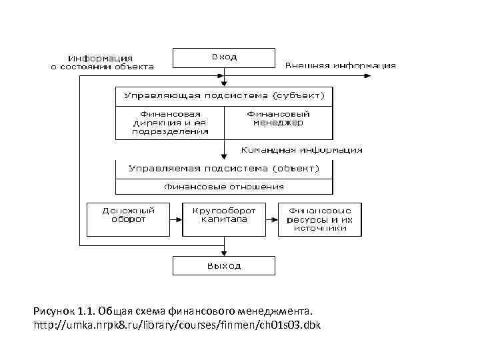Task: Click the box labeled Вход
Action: [x=224, y=58]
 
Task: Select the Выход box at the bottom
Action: [x=224, y=265]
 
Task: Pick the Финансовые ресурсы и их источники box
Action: [x=320, y=219]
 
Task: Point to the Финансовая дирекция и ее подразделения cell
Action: [x=170, y=122]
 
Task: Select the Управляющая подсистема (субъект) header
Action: [x=224, y=95]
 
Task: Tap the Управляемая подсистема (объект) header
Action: [x=224, y=168]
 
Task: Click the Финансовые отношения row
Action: [x=224, y=187]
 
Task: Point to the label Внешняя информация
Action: [x=341, y=66]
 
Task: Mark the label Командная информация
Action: [x=301, y=150]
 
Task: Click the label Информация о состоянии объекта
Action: [x=103, y=62]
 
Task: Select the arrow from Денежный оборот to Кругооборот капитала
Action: [x=173, y=219]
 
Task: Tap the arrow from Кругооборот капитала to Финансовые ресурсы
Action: [x=271, y=219]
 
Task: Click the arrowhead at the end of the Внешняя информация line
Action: [x=368, y=76]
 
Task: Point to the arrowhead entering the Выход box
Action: [x=224, y=253]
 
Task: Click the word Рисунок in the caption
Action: [x=53, y=311]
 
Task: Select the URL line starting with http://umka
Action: [x=177, y=325]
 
